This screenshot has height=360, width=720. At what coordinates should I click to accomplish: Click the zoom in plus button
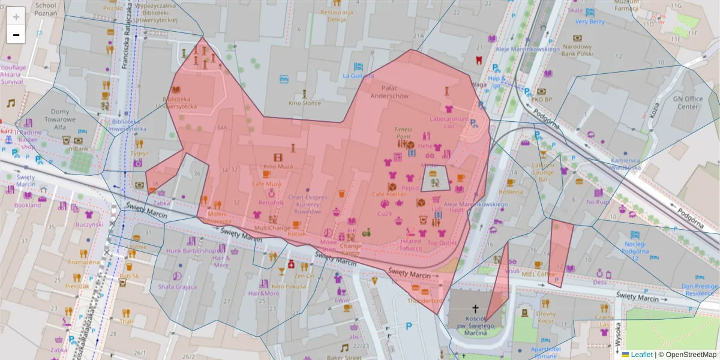coord(16,16)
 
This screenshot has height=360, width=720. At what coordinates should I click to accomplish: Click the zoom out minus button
coord(16,35)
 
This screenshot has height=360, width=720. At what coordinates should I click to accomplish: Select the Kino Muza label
coord(278,166)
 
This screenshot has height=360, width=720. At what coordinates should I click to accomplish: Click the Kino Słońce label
coord(304,103)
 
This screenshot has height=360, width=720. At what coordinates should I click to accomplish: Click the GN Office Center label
coord(686,103)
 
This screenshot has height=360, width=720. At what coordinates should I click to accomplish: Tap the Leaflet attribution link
coord(641,355)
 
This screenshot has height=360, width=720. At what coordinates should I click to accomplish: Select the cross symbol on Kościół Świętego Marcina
coord(475,308)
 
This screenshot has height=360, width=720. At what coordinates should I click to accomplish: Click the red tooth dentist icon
coord(478,59)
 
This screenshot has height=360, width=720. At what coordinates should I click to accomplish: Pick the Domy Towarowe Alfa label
coord(59,119)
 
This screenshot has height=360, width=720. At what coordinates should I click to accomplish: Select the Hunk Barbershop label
coord(191,251)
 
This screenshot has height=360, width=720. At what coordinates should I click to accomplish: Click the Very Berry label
coord(590,22)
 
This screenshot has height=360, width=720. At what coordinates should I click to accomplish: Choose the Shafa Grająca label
coord(177,286)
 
